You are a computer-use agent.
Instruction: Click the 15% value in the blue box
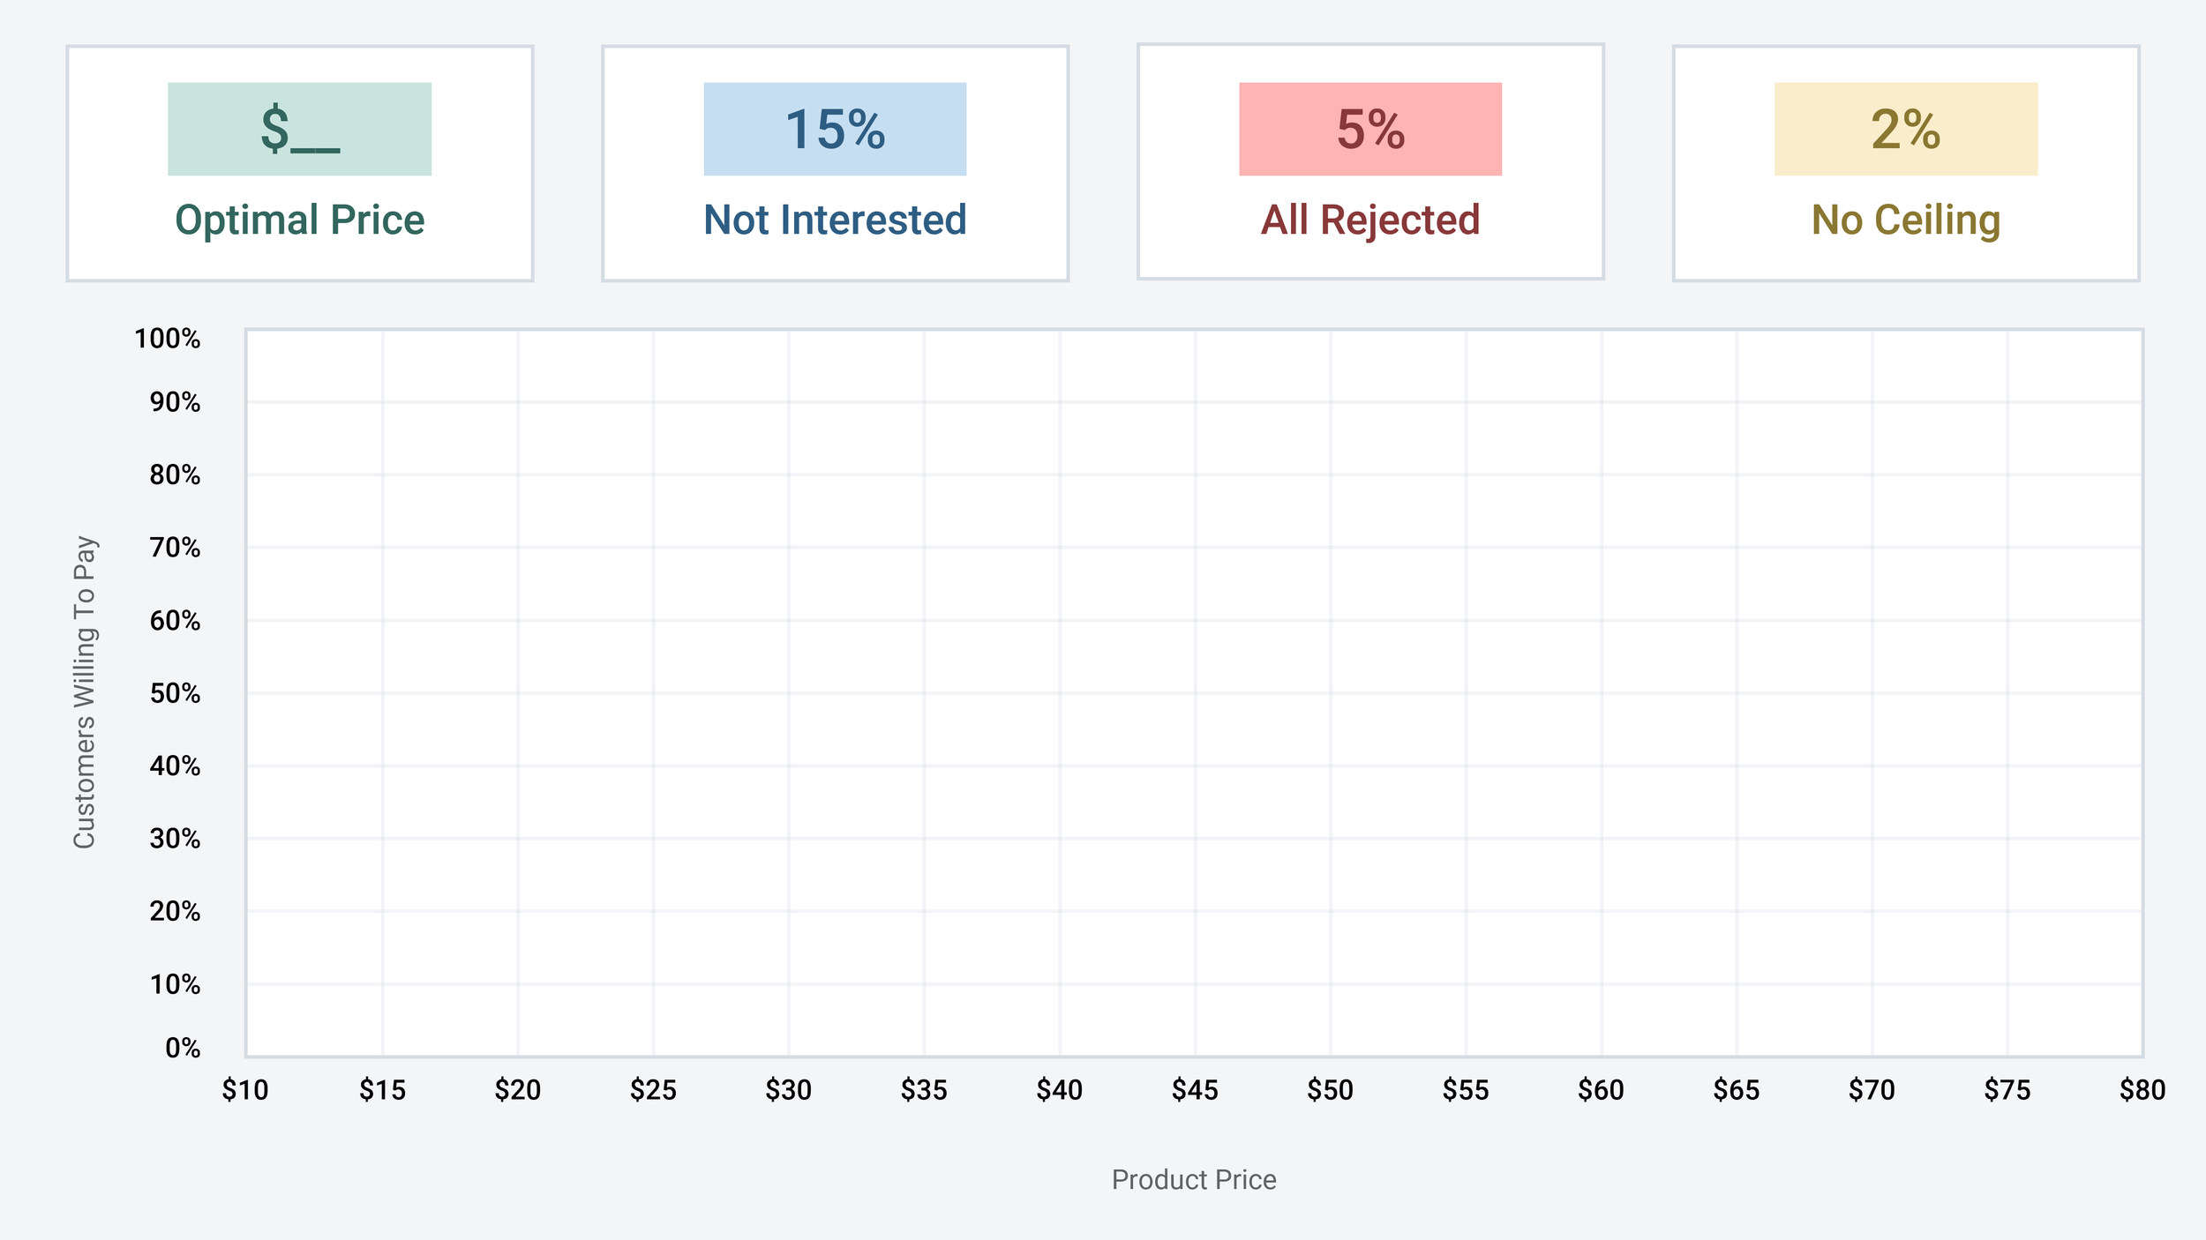(x=835, y=130)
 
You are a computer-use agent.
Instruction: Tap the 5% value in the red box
(x=1370, y=130)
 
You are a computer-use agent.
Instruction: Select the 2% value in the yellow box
(x=1906, y=130)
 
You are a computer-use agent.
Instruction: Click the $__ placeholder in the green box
(x=300, y=130)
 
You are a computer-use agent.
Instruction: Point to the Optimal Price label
(x=300, y=220)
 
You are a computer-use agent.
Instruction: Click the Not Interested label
(x=835, y=220)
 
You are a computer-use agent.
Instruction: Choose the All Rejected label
(x=1370, y=220)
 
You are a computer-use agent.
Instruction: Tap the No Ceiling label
(x=1906, y=220)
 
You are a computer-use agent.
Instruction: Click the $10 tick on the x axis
(x=245, y=1091)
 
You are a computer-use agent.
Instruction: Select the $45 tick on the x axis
(x=1195, y=1091)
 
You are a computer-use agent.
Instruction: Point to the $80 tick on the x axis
(x=2142, y=1091)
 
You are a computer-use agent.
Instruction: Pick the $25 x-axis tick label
(x=653, y=1091)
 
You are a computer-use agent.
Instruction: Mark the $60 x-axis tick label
(x=1601, y=1091)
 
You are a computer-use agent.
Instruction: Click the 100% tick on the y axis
(x=168, y=339)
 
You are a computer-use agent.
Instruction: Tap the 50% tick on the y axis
(x=175, y=693)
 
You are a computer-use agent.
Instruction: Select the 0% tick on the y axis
(x=183, y=1048)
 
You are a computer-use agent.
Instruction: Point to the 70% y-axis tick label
(x=175, y=548)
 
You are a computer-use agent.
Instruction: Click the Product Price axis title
(x=1194, y=1180)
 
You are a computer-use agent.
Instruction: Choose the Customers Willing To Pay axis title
(x=85, y=692)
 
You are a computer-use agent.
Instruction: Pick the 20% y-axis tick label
(x=175, y=911)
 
